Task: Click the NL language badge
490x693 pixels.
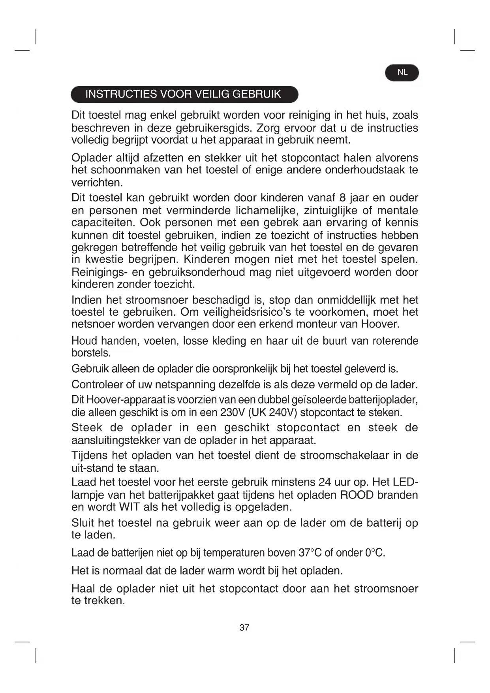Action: pyautogui.click(x=402, y=72)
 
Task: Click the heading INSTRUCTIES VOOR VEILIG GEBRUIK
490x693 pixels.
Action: pyautogui.click(x=183, y=94)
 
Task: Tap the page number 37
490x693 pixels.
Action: pyautogui.click(x=244, y=627)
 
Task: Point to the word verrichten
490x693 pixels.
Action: pyautogui.click(x=97, y=183)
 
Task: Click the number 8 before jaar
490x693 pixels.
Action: pyautogui.click(x=342, y=198)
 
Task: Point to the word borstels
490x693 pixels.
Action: pyautogui.click(x=91, y=353)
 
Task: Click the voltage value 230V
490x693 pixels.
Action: pyautogui.click(x=232, y=412)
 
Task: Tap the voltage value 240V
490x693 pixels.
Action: pyautogui.click(x=283, y=412)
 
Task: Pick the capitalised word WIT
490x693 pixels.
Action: pyautogui.click(x=130, y=507)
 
